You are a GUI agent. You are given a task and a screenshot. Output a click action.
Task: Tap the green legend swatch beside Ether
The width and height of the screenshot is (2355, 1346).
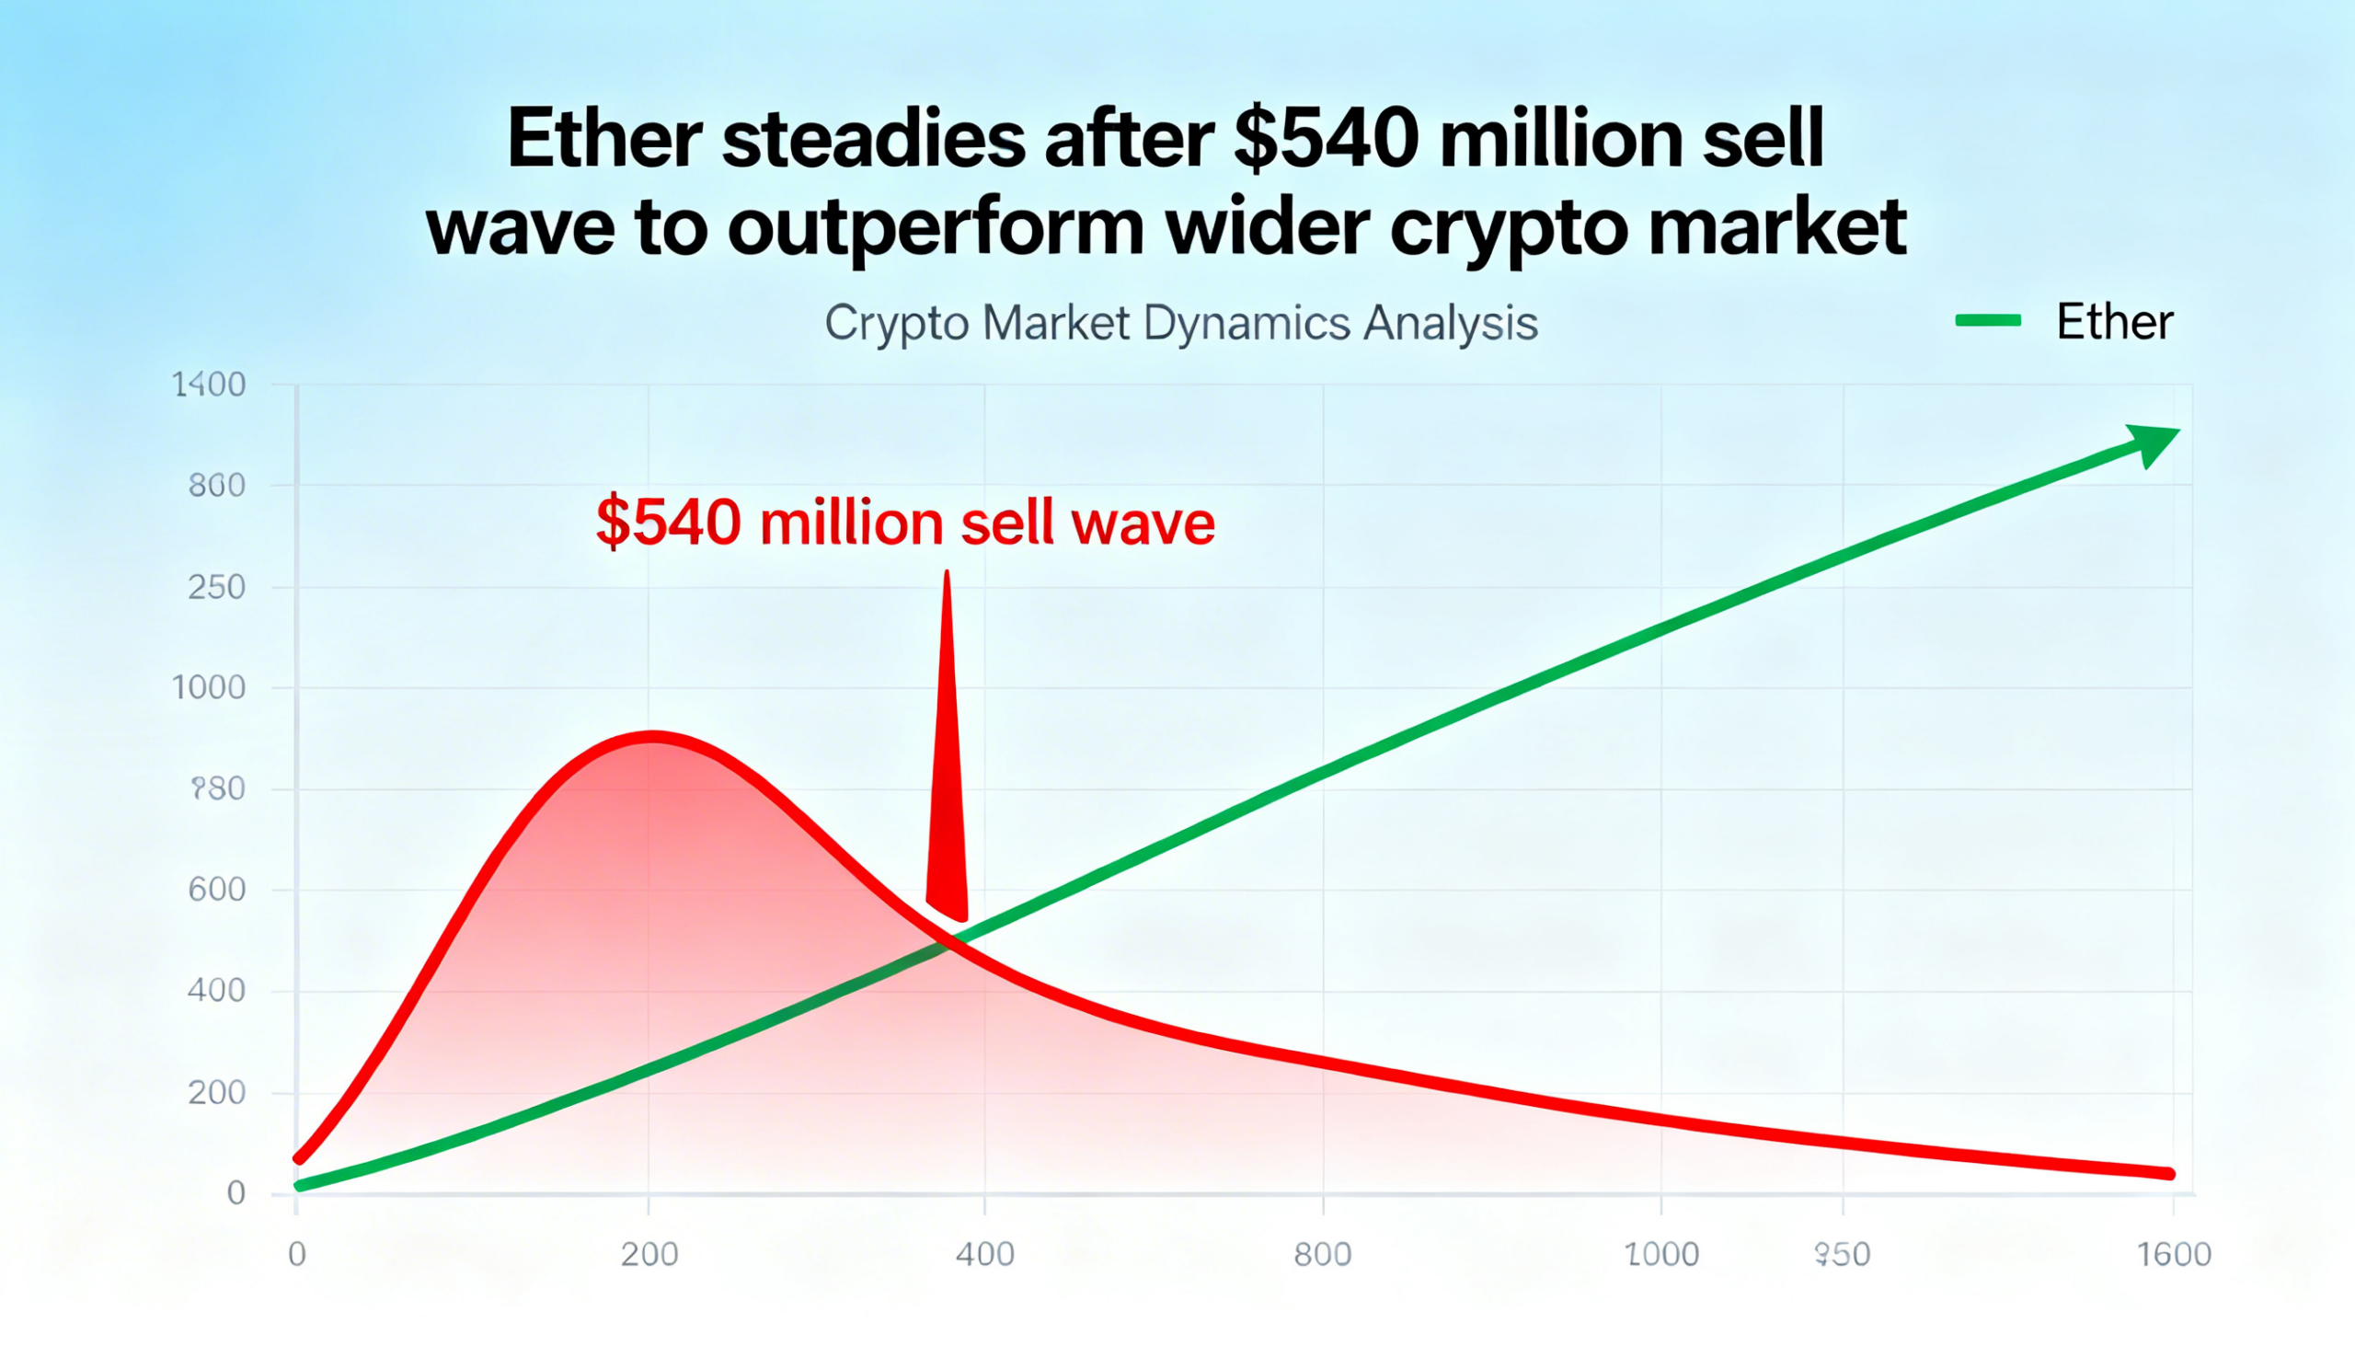pyautogui.click(x=1988, y=321)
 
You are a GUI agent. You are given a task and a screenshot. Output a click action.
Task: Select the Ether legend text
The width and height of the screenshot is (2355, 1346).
pyautogui.click(x=2114, y=322)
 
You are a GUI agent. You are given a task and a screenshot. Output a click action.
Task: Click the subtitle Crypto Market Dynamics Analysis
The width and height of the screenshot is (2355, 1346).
pyautogui.click(x=1180, y=324)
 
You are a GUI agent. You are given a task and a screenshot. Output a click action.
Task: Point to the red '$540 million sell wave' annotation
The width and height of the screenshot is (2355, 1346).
pyautogui.click(x=905, y=523)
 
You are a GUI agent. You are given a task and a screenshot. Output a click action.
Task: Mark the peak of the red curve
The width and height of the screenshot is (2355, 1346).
pyautogui.click(x=652, y=737)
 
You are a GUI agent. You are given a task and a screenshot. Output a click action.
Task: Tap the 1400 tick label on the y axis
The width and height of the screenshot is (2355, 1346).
pyautogui.click(x=209, y=385)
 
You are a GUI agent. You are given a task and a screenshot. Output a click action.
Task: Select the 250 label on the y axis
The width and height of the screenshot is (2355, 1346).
pyautogui.click(x=216, y=587)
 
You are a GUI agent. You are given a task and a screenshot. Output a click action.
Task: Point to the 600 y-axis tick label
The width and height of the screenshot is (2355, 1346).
pyautogui.click(x=216, y=890)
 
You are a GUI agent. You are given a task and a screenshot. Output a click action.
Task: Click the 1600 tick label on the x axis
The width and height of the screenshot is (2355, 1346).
pyautogui.click(x=2174, y=1255)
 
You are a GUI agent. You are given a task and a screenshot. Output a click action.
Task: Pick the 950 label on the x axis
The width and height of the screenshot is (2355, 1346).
pyautogui.click(x=1842, y=1255)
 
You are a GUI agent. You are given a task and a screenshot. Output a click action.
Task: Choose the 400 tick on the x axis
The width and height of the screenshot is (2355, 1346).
pyautogui.click(x=984, y=1255)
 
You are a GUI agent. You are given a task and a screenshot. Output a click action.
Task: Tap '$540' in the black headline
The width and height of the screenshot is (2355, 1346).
pyautogui.click(x=1326, y=139)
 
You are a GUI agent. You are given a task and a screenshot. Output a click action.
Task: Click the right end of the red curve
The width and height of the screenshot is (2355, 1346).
pyautogui.click(x=2168, y=1174)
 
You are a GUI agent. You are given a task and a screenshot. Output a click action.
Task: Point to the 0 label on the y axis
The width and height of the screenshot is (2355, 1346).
pyautogui.click(x=235, y=1193)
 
